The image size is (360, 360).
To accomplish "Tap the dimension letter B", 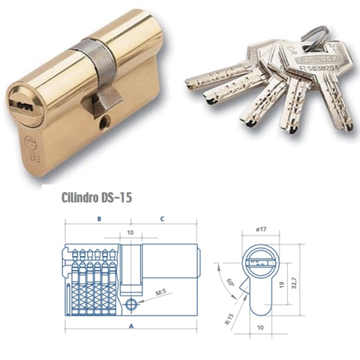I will (x=99, y=219).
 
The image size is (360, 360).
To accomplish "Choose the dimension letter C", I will (x=163, y=219).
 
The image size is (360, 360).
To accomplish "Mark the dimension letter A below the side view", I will (x=131, y=325).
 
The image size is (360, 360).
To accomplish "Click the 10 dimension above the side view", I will (x=130, y=232).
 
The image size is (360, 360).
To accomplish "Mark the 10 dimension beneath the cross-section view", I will (x=262, y=328).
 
